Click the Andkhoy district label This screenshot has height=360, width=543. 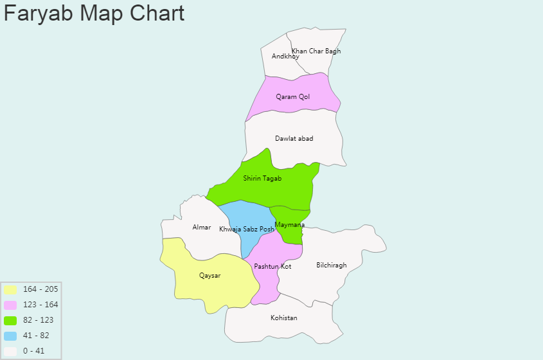285,57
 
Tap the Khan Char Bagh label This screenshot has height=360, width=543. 316,51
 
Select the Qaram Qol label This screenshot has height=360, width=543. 293,97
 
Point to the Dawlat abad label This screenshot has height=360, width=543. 294,139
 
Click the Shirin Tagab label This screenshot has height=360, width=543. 262,179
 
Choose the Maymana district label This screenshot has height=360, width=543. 289,224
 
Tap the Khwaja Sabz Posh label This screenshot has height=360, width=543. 247,230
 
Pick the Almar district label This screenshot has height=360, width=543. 202,228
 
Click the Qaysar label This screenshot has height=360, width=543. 209,276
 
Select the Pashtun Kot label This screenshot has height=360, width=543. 272,266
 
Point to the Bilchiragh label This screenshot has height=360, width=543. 332,265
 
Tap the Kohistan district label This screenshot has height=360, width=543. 284,318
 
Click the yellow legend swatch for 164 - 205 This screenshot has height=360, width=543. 10,289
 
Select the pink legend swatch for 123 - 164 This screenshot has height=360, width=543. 10,305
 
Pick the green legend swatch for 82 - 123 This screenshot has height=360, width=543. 10,320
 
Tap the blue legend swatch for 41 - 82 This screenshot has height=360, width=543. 10,336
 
